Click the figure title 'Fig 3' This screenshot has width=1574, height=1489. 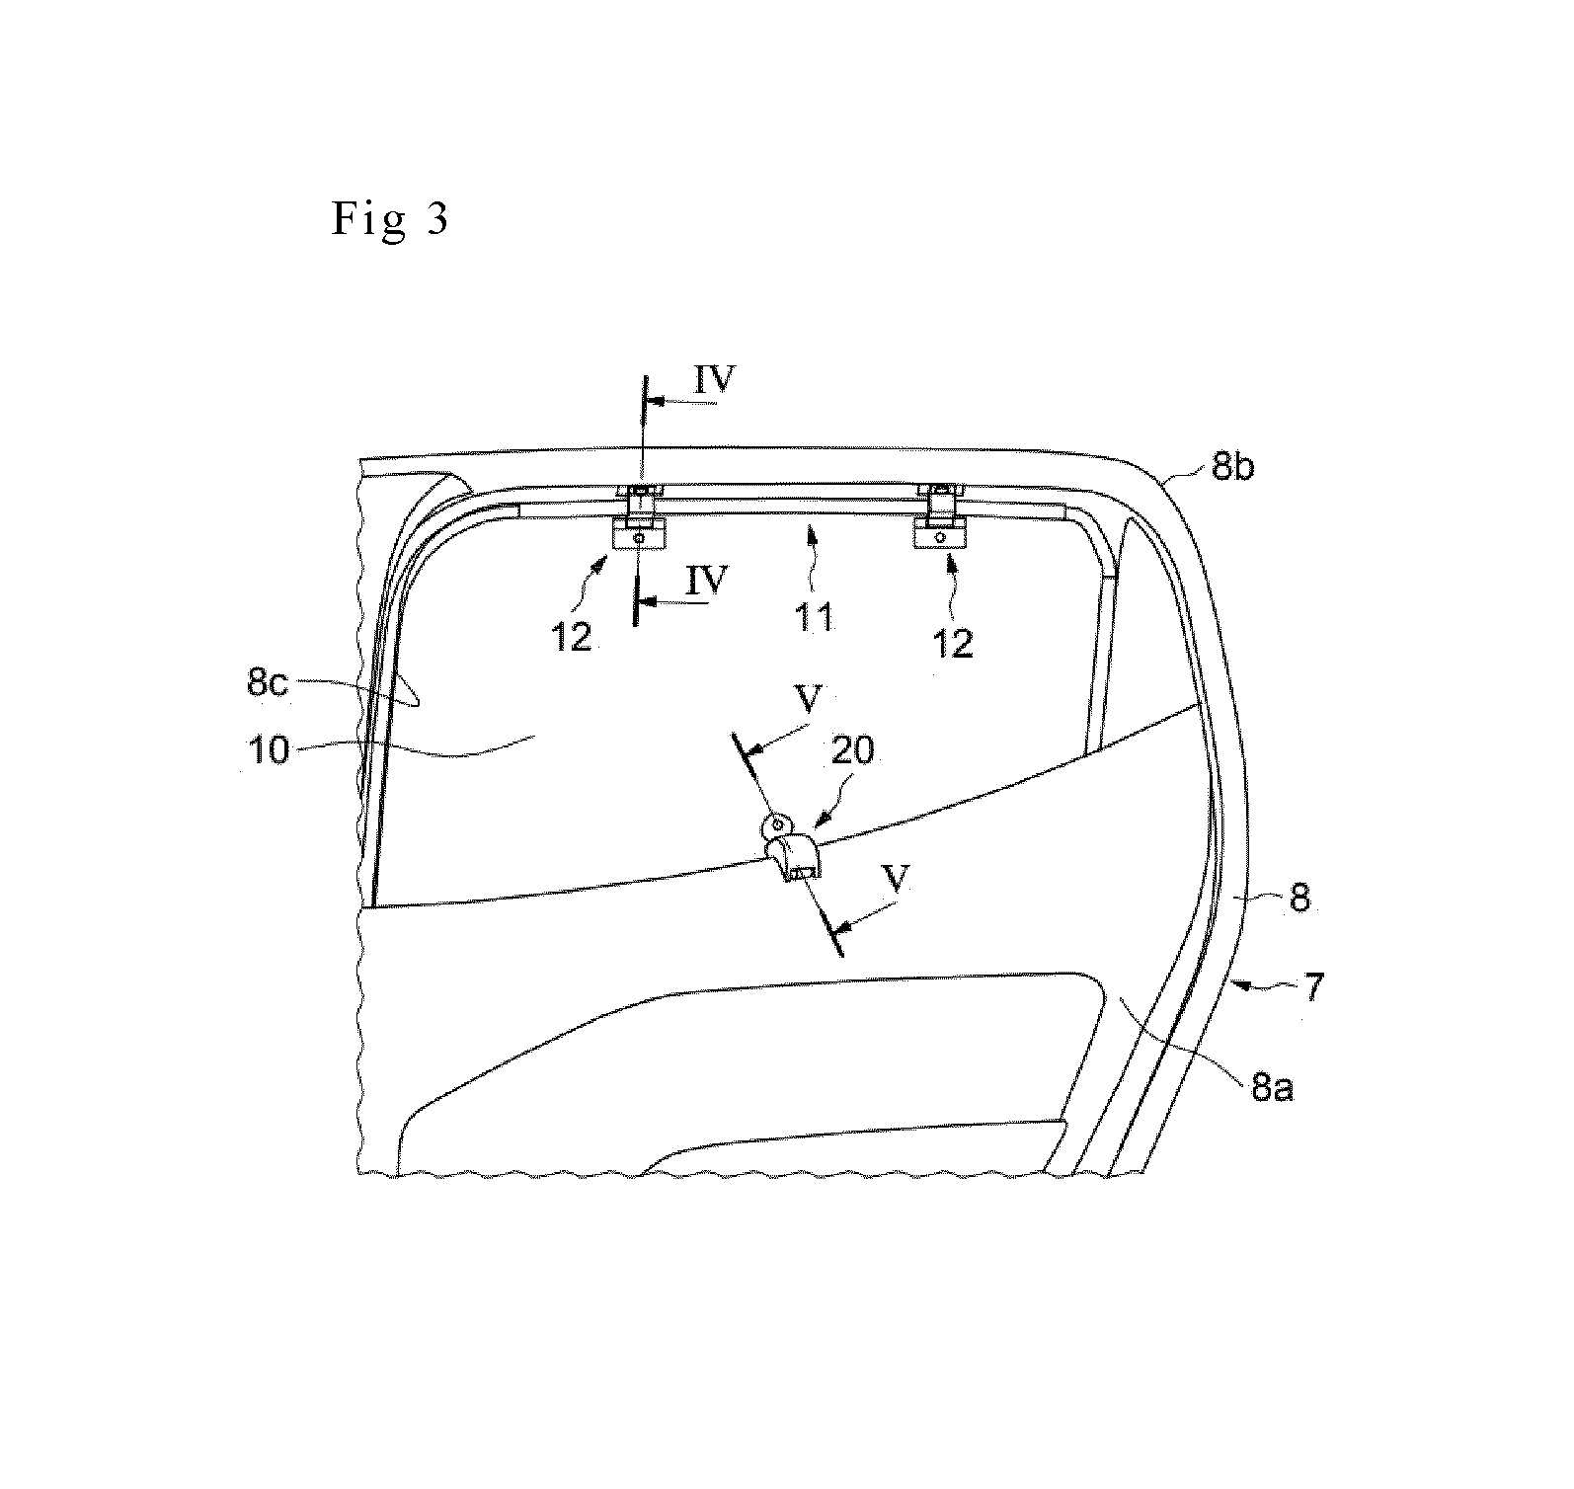[x=389, y=219]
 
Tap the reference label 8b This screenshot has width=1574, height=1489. [x=1231, y=467]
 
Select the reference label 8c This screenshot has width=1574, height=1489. [x=267, y=683]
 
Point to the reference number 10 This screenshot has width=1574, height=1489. [x=267, y=749]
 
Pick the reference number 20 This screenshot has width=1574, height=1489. [x=854, y=751]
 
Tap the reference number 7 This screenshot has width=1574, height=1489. [x=1312, y=988]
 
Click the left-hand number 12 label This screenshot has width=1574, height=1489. [x=571, y=638]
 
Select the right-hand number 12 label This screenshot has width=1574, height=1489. [x=953, y=644]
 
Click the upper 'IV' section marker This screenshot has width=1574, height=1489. [x=715, y=381]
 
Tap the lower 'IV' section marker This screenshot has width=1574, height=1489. [x=707, y=582]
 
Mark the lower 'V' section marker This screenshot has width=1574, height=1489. [x=896, y=882]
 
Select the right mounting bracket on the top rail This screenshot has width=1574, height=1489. [x=943, y=515]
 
